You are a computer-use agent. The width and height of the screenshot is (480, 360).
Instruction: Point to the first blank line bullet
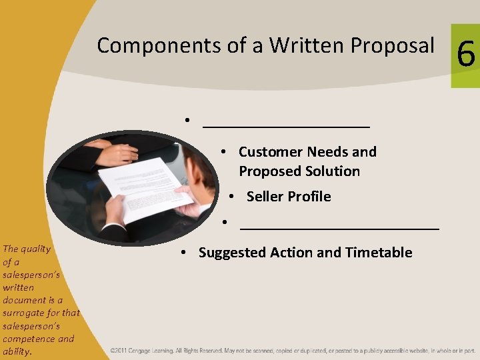point(286,122)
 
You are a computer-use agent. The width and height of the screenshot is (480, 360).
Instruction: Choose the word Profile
point(309,197)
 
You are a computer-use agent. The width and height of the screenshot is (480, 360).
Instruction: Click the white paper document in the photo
point(143,187)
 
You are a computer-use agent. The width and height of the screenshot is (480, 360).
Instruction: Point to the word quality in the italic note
point(36,249)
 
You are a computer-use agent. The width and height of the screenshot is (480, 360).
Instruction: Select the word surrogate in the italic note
point(22,313)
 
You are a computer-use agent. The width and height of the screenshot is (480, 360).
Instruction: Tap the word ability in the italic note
point(16,351)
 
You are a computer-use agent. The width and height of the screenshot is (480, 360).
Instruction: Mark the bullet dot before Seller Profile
point(230,197)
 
